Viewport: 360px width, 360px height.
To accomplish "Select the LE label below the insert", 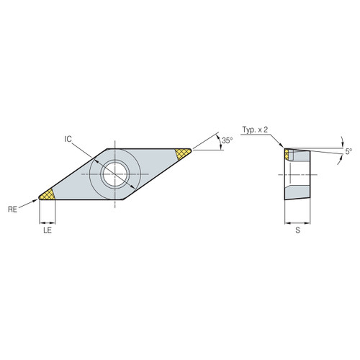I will click(48, 233).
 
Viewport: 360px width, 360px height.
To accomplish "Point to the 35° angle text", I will click(228, 141).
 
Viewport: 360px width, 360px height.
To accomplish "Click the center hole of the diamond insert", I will click(115, 173).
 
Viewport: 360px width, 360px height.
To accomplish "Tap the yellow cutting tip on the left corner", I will click(48, 194).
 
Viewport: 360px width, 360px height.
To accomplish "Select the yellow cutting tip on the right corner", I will click(183, 153).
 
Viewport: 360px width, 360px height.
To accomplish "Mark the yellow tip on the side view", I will click(288, 154).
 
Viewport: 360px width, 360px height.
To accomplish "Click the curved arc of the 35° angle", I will click(217, 142).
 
